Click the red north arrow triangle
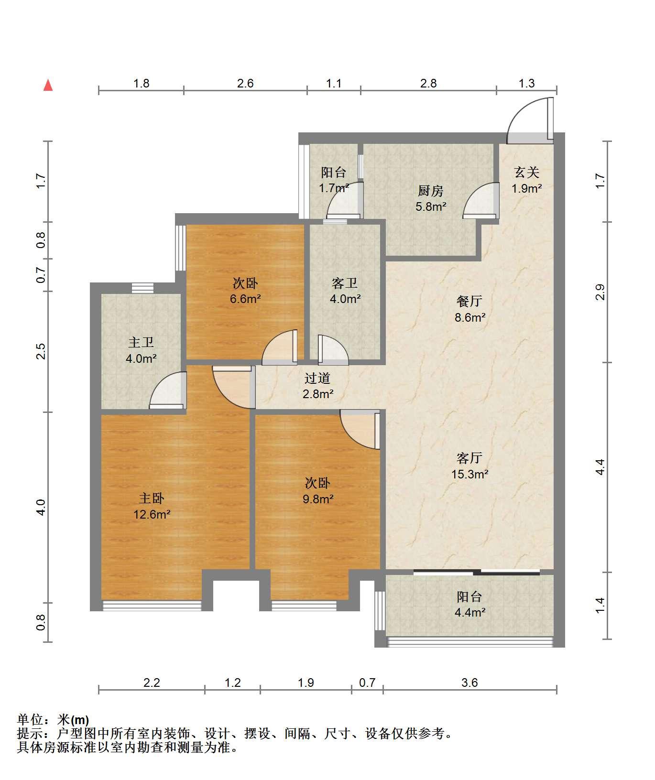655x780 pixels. (x=48, y=85)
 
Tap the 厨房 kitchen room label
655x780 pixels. (x=431, y=191)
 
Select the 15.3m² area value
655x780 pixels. (x=470, y=475)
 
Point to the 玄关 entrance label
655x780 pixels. (x=527, y=172)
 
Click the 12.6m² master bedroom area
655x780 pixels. (x=152, y=515)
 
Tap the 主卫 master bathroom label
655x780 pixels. (x=141, y=343)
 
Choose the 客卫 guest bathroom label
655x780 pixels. (x=345, y=283)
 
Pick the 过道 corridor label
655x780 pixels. (x=318, y=379)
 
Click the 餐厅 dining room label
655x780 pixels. (x=469, y=301)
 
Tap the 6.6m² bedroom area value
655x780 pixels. (x=245, y=299)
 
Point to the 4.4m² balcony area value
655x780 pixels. (x=470, y=613)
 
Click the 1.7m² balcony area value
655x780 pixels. (x=334, y=188)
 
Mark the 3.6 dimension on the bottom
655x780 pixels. (x=469, y=682)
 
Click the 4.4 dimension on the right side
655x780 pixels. (x=600, y=466)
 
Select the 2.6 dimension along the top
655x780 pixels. (x=245, y=84)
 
